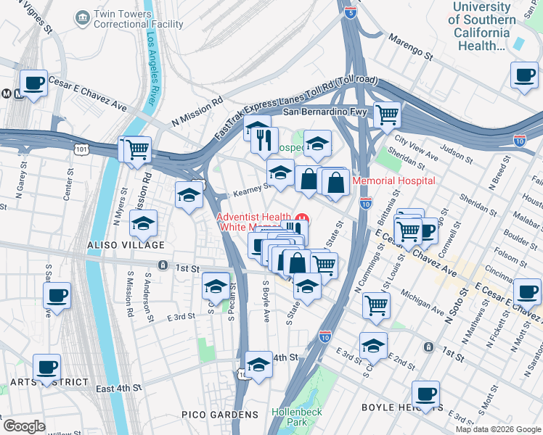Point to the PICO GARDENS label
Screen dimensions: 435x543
click(220, 415)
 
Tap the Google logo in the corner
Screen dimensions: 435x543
click(24, 426)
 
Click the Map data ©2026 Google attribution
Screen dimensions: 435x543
click(498, 429)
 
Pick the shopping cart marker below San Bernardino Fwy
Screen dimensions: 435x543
click(388, 113)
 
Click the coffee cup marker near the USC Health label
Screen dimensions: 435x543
click(524, 74)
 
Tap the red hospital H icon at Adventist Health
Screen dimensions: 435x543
click(303, 217)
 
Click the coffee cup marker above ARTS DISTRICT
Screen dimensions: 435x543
click(47, 366)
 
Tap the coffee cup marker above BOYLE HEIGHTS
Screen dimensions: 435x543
click(426, 394)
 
